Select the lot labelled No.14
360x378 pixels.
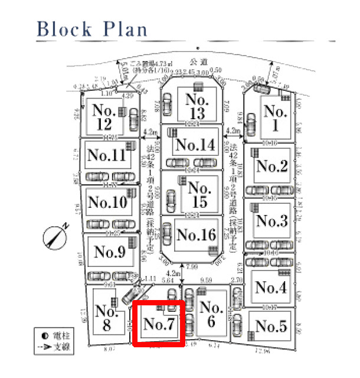click(x=195, y=144)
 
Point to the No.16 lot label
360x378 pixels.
click(x=196, y=234)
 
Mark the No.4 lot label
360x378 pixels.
click(x=271, y=287)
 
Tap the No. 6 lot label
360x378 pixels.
click(x=211, y=315)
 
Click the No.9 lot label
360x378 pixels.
click(x=110, y=252)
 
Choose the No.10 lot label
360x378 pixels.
click(x=107, y=203)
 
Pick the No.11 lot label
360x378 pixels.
click(x=107, y=155)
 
